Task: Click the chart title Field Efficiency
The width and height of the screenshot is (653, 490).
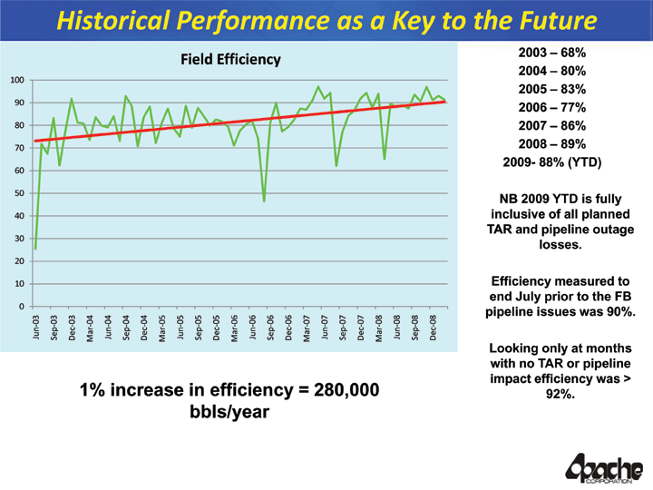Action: coord(230,60)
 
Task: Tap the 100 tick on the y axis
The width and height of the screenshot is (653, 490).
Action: coord(16,81)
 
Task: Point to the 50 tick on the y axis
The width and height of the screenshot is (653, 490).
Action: coord(18,193)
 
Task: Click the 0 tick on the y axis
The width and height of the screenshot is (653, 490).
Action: coord(21,307)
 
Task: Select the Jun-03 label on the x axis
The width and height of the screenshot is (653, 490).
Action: coord(35,328)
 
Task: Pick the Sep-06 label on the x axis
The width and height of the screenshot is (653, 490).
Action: coord(270,328)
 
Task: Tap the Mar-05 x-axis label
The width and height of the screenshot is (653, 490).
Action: coord(161,328)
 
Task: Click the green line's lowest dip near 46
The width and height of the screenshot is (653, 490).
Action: coord(264,201)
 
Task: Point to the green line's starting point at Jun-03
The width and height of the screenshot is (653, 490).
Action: coord(35,249)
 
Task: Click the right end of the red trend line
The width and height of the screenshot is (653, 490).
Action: coord(445,102)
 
